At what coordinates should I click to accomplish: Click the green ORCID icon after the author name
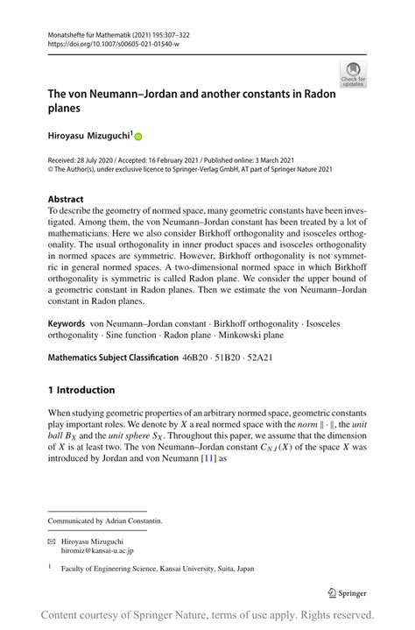click(x=138, y=136)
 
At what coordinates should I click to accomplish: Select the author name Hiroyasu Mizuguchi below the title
click(x=88, y=136)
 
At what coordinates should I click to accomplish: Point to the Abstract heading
click(x=66, y=200)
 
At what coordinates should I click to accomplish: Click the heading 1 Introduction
click(x=81, y=390)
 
